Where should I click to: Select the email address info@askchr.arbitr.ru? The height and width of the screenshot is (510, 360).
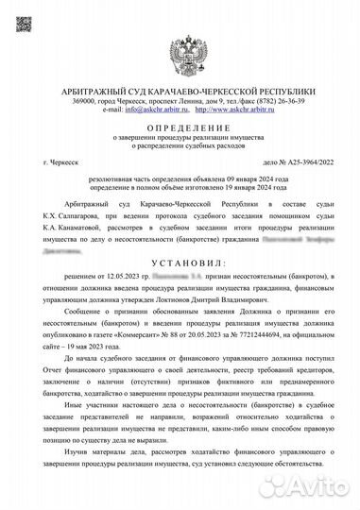click(x=138, y=110)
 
